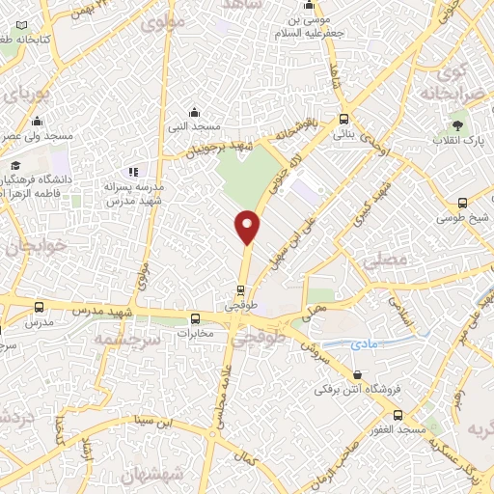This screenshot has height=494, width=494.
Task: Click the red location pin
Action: click(248, 227)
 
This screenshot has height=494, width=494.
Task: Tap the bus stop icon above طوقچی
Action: click(242, 288)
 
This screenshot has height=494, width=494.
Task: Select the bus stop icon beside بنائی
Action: click(344, 120)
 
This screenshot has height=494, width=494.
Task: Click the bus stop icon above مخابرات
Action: click(196, 318)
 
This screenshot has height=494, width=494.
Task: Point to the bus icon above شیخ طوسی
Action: click(463, 204)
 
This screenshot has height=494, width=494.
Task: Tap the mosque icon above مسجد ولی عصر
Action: click(37, 122)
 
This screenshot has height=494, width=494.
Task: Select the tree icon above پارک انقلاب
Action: click(458, 126)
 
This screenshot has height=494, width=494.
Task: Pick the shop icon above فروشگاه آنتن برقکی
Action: click(358, 374)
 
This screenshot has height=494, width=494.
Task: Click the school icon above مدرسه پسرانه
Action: click(133, 172)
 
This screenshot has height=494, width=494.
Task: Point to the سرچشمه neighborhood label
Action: click(120, 339)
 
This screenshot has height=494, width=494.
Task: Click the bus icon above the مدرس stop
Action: click(39, 307)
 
